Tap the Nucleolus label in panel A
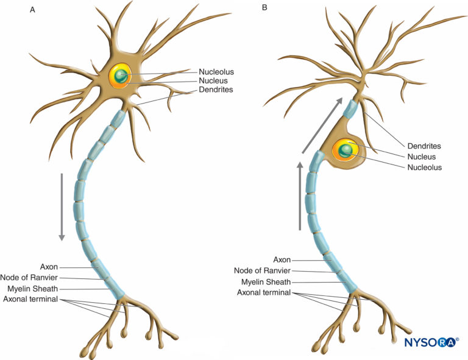(x=216, y=72)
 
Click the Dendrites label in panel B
(x=424, y=146)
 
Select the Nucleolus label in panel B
(x=424, y=167)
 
